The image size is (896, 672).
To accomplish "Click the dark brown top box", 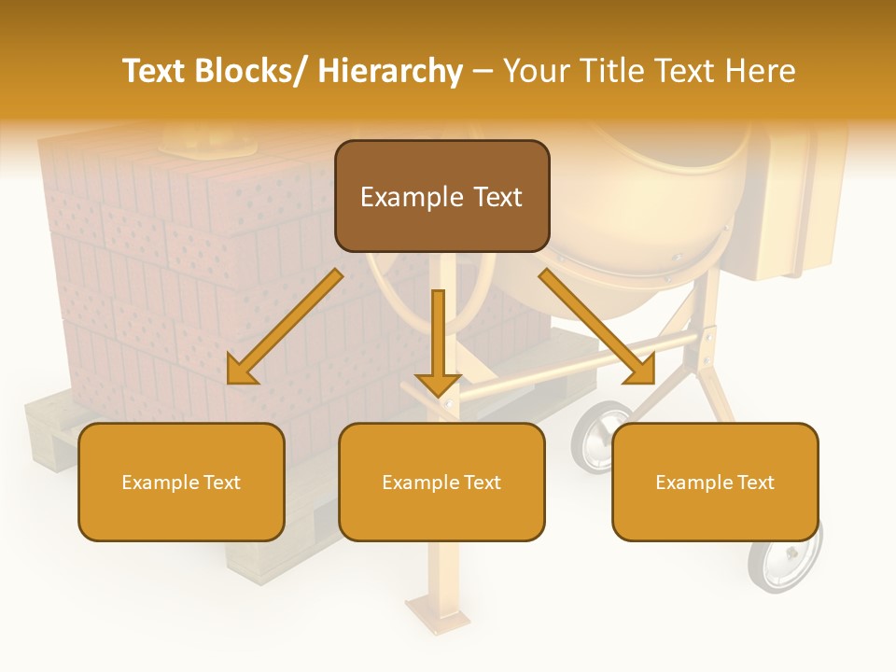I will click(x=441, y=196).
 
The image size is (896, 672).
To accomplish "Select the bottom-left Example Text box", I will click(x=181, y=482).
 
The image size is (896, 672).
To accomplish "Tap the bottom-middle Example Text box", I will click(x=441, y=482).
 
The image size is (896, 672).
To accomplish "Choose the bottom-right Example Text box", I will click(x=715, y=482).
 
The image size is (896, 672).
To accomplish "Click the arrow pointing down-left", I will click(x=285, y=327).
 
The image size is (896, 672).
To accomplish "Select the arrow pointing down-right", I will click(x=597, y=327).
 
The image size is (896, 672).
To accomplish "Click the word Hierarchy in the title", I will click(x=390, y=71).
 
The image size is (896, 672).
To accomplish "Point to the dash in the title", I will click(x=483, y=71).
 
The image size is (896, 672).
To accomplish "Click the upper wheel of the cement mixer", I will click(x=601, y=436).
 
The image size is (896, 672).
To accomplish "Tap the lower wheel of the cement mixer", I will click(x=782, y=560).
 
